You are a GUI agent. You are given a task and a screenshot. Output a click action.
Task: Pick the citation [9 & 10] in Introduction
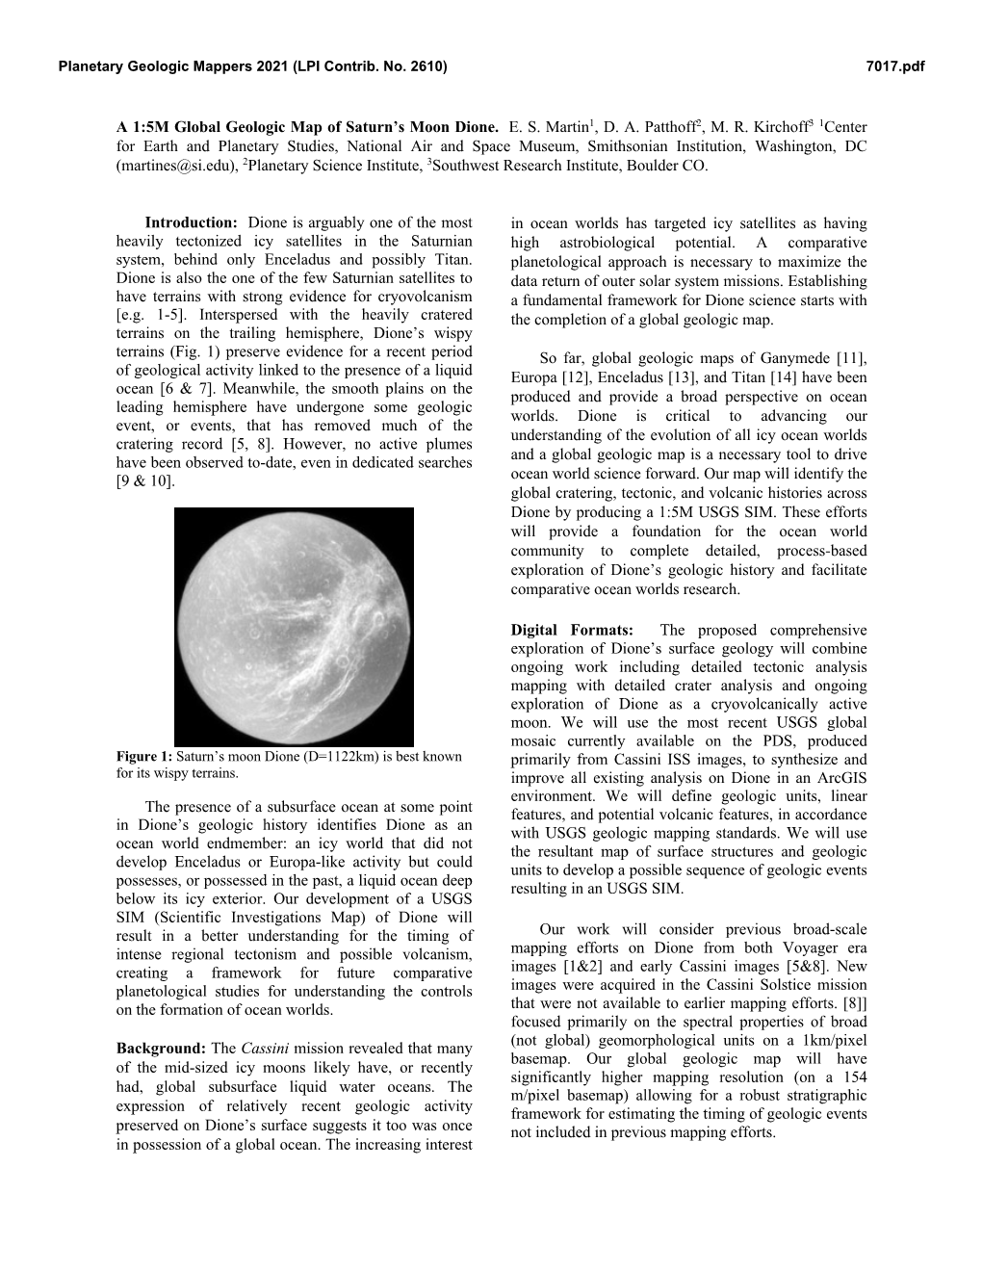click(x=145, y=480)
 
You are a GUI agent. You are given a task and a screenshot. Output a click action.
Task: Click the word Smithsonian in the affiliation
click(x=586, y=146)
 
